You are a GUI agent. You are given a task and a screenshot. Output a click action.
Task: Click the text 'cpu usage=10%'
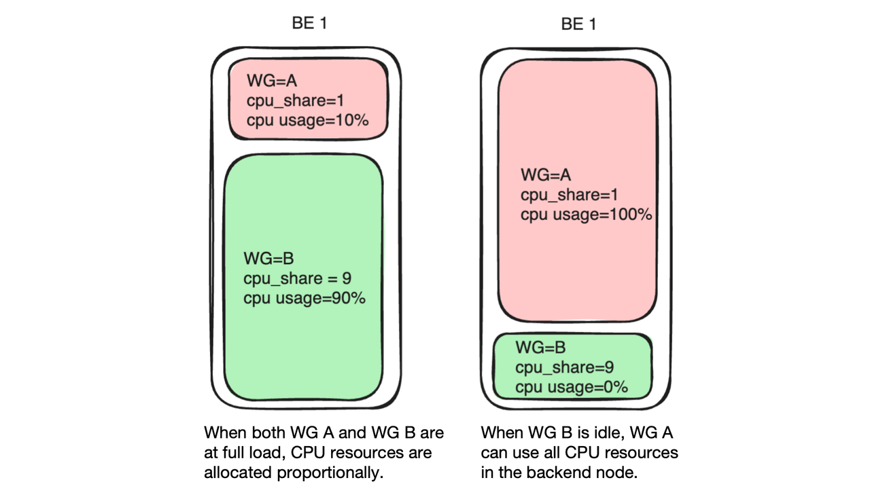pyautogui.click(x=307, y=120)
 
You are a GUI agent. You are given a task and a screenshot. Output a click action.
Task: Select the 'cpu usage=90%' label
pyautogui.click(x=304, y=298)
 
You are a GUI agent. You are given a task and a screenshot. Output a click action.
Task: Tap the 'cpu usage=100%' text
pyautogui.click(x=586, y=215)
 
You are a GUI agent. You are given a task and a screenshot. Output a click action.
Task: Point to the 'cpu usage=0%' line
pyautogui.click(x=571, y=388)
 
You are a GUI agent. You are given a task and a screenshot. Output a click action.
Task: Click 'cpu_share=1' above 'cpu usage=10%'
pyautogui.click(x=296, y=100)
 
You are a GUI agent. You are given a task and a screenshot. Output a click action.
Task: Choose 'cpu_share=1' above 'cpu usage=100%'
pyautogui.click(x=570, y=195)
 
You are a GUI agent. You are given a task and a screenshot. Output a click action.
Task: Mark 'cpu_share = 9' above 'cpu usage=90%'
pyautogui.click(x=297, y=278)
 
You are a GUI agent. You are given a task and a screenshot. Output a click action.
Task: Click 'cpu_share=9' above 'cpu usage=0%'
pyautogui.click(x=565, y=368)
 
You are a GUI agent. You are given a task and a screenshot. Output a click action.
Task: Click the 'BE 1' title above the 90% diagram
pyautogui.click(x=309, y=23)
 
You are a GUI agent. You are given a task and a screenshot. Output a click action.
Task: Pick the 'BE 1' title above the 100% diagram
pyautogui.click(x=578, y=24)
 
